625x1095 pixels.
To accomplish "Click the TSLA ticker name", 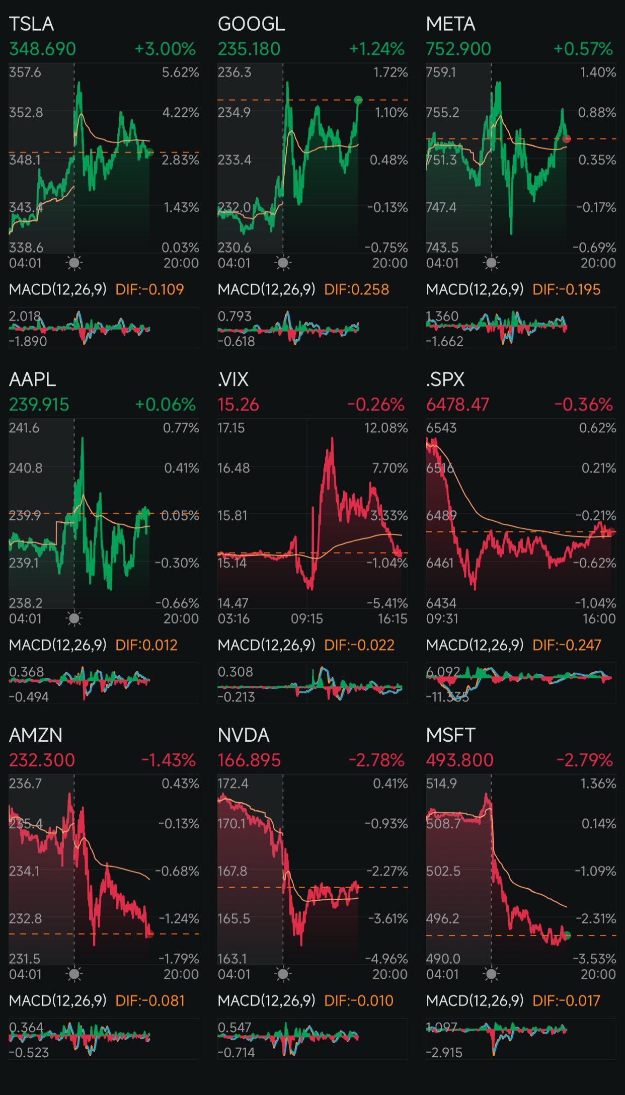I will (x=31, y=24).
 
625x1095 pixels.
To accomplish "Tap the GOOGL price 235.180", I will (x=249, y=49).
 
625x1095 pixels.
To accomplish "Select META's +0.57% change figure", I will (x=583, y=49).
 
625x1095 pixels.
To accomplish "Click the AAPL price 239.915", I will (x=39, y=405).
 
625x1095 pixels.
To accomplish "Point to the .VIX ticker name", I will (x=233, y=379).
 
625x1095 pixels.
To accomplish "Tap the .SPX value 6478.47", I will (x=457, y=405).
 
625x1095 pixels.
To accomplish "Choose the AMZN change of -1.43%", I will (x=168, y=760).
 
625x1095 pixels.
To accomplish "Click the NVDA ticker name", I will (x=244, y=735).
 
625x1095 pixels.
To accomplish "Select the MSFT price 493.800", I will (x=459, y=760).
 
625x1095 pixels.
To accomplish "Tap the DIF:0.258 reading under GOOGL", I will (x=356, y=290).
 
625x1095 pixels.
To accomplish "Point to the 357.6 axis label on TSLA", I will (x=25, y=72).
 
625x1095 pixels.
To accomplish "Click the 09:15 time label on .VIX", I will (x=307, y=618).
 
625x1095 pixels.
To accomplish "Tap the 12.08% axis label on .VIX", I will (x=386, y=428).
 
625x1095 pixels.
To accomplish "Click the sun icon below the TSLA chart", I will (x=74, y=263).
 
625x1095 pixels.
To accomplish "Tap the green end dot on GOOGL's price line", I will (x=358, y=100).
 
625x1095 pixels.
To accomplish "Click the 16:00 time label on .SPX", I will (x=599, y=618).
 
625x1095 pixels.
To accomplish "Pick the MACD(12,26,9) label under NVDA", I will (x=266, y=1000).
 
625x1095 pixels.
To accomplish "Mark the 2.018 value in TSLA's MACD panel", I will (x=24, y=317).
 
